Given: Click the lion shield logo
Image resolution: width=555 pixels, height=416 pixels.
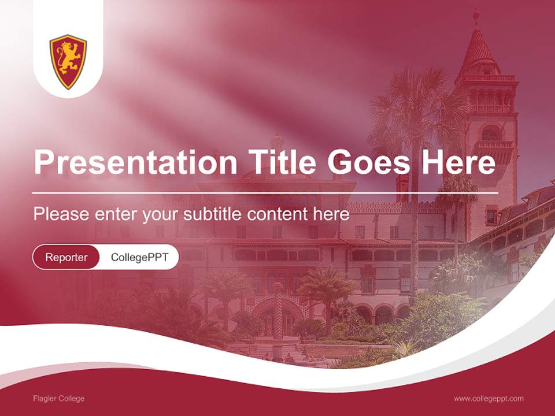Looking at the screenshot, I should tap(68, 61).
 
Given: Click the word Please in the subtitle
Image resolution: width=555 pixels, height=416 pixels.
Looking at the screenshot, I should tap(60, 214).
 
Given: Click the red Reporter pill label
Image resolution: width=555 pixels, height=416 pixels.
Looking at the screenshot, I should tap(66, 257).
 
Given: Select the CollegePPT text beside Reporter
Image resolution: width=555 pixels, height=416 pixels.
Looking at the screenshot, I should tap(139, 257).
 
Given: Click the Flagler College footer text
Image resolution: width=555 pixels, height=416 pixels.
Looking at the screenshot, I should tap(58, 399).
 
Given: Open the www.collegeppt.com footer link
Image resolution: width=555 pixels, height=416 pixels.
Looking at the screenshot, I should tap(489, 399).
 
